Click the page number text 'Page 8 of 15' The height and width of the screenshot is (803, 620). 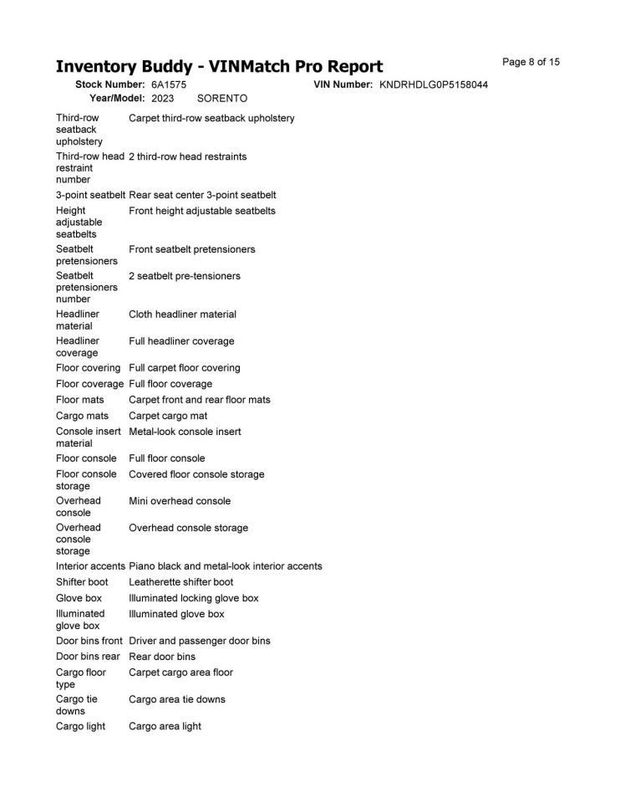[x=531, y=62]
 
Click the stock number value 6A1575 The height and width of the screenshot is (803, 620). [x=169, y=85]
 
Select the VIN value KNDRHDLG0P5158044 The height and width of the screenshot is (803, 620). [x=434, y=85]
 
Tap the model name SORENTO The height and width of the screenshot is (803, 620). [x=222, y=99]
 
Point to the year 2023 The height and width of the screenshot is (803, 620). [x=163, y=99]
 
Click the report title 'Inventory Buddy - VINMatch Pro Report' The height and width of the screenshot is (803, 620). [x=219, y=66]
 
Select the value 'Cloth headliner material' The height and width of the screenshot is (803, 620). [x=182, y=315]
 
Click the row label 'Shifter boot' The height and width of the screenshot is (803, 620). [x=82, y=582]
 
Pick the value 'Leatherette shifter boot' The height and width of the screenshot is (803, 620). [x=181, y=582]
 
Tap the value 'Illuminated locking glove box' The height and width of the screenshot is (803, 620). [x=193, y=598]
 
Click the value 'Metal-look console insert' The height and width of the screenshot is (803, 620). [x=185, y=432]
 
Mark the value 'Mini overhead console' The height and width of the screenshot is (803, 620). [x=180, y=501]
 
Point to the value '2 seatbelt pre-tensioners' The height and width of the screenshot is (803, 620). [x=184, y=276]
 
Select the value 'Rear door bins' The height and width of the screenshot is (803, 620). [x=162, y=657]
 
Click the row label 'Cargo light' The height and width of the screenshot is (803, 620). [x=81, y=726]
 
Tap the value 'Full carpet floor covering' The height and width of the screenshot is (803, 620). [x=184, y=368]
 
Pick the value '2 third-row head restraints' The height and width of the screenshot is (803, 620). [x=187, y=156]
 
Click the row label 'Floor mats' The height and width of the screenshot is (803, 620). [x=80, y=400]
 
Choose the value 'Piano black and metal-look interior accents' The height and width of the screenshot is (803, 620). [x=225, y=566]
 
